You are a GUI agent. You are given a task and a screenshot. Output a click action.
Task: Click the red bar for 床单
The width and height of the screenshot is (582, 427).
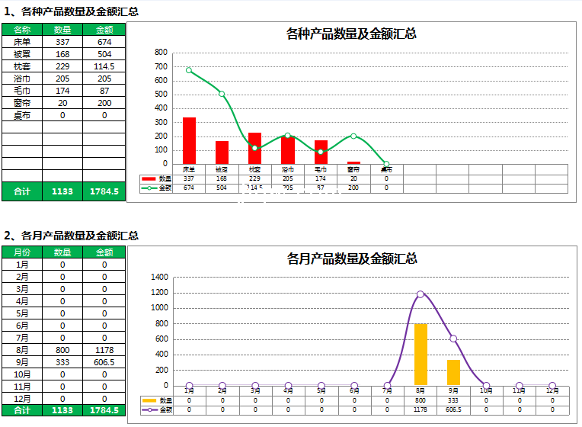(x=189, y=140)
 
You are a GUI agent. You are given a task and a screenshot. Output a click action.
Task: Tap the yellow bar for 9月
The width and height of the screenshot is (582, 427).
(x=453, y=372)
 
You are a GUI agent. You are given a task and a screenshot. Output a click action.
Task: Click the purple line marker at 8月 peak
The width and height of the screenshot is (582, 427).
(x=421, y=294)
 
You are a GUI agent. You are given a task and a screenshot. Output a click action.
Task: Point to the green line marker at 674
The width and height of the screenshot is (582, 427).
(x=189, y=70)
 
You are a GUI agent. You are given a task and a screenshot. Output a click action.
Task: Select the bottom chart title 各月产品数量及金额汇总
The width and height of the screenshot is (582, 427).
(x=351, y=258)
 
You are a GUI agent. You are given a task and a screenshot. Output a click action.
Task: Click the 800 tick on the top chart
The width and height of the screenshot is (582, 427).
(x=161, y=53)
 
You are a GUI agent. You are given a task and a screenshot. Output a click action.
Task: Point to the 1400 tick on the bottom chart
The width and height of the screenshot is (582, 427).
(x=159, y=278)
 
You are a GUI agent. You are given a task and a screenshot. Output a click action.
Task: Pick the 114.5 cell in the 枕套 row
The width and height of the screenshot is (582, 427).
(x=104, y=66)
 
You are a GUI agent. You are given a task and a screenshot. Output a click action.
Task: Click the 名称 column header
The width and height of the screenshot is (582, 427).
(x=22, y=30)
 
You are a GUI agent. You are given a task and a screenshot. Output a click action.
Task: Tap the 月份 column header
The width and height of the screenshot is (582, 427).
(x=22, y=252)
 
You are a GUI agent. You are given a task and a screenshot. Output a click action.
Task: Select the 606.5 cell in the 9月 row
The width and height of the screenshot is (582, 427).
(x=104, y=362)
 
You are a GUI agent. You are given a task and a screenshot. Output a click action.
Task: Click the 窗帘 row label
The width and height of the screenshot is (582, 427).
(x=22, y=103)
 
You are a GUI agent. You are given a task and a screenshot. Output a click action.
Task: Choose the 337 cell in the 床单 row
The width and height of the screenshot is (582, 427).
(x=62, y=42)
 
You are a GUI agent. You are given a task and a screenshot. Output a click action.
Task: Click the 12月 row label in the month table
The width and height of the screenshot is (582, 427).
(x=22, y=399)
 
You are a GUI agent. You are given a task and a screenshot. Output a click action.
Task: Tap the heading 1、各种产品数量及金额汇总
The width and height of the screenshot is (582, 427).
(x=72, y=11)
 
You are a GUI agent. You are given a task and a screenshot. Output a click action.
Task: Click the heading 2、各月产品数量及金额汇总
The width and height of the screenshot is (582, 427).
(x=72, y=236)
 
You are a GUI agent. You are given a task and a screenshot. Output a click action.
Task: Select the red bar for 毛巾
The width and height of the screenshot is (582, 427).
(x=321, y=152)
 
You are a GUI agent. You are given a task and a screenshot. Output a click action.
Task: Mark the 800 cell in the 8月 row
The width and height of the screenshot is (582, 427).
(x=62, y=350)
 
